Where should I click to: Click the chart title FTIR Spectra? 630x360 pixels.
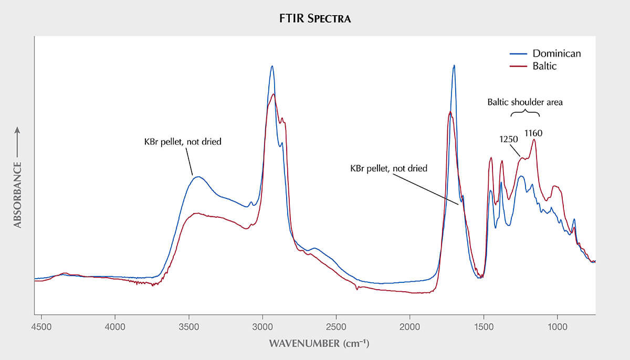click(314, 18)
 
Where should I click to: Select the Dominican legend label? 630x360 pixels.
click(556, 54)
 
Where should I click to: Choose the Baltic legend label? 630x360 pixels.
click(544, 66)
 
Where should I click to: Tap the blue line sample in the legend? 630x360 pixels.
click(518, 54)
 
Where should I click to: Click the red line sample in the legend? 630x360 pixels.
click(518, 66)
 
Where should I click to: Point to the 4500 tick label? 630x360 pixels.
click(41, 327)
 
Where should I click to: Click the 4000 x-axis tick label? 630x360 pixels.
click(115, 327)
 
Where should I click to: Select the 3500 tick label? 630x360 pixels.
click(188, 327)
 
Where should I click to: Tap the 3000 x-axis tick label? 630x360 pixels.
click(262, 327)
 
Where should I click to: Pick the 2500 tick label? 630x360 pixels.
click(336, 327)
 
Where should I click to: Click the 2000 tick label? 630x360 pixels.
click(410, 327)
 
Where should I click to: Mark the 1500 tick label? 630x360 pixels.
click(484, 327)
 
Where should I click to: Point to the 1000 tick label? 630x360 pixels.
click(558, 327)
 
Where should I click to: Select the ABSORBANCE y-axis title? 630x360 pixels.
click(17, 195)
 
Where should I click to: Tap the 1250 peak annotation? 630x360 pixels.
click(509, 139)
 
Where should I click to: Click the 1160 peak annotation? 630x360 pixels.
click(533, 133)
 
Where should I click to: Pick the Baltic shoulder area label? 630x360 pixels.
click(525, 102)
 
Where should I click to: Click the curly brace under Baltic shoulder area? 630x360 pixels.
click(525, 111)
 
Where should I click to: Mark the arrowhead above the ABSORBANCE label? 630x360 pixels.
click(17, 130)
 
